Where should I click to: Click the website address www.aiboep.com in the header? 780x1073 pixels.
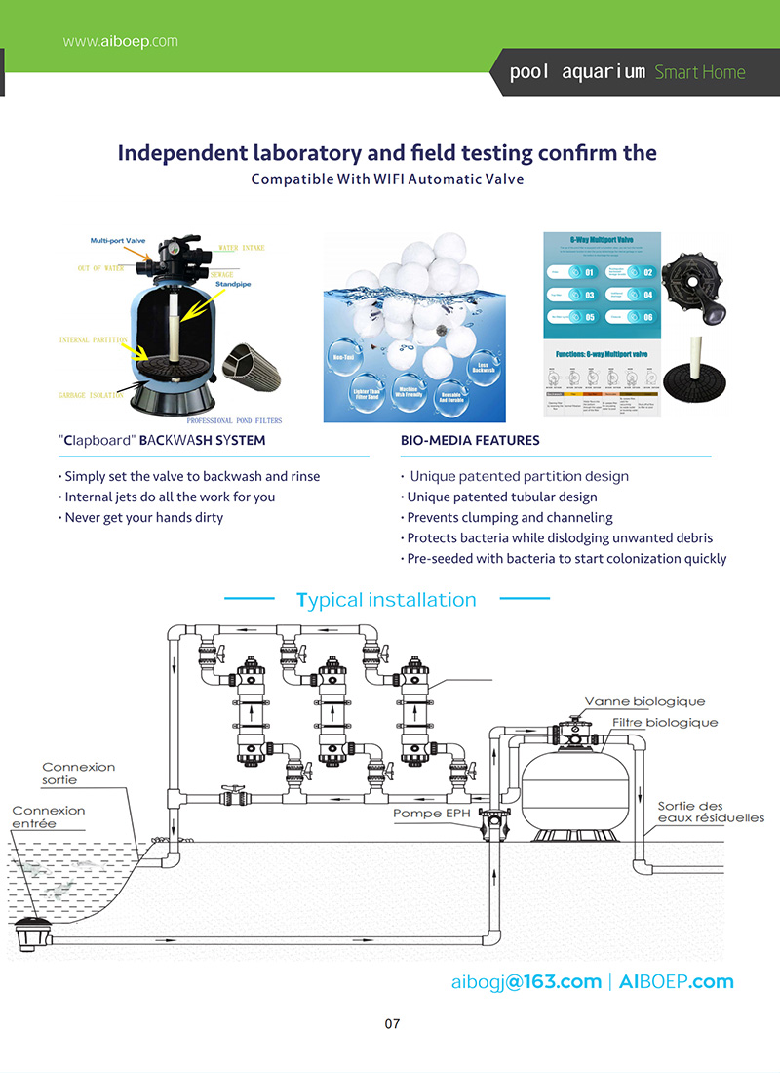point(120,41)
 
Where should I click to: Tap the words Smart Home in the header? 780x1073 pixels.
point(699,72)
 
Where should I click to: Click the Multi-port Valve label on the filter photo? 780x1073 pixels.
point(119,240)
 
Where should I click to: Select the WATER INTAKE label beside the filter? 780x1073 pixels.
point(241,248)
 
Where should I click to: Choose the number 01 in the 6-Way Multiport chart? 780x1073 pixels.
point(589,273)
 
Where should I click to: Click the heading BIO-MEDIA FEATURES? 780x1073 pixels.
point(469,441)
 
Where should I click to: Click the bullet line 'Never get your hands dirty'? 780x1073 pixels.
point(142,518)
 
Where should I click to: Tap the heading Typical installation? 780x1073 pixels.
point(386,600)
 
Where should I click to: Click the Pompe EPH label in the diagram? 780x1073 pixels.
point(431,813)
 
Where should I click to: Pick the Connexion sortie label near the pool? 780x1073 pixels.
point(78,774)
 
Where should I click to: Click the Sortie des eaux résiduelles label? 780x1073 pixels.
point(710,812)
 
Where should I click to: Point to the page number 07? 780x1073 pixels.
point(392,1024)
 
